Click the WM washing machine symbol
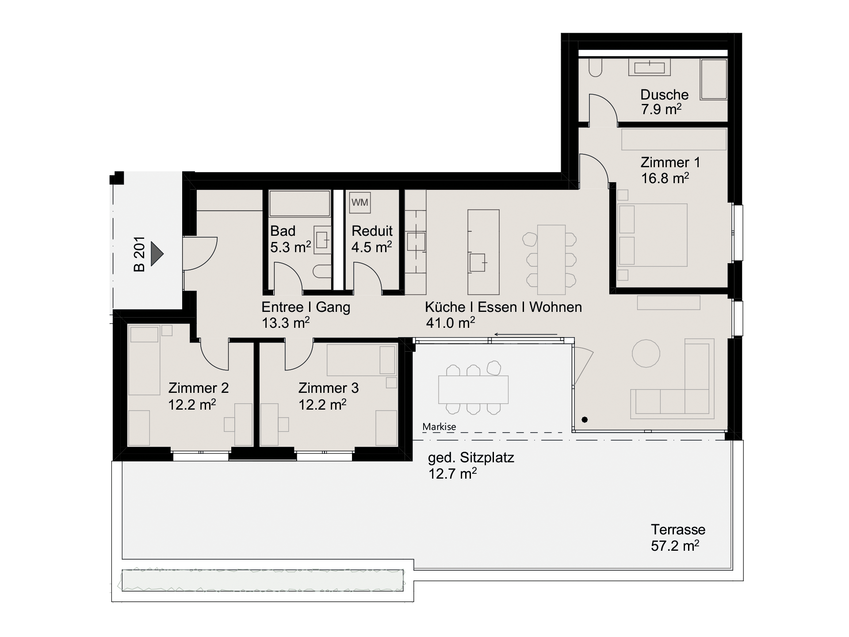tap(360, 203)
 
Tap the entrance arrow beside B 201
tap(157, 254)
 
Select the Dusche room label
tap(664, 95)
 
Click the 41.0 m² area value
tap(450, 322)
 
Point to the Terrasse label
tap(678, 530)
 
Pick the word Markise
tap(439, 427)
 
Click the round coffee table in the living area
tap(646, 353)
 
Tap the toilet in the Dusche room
tap(595, 68)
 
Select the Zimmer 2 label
tap(199, 388)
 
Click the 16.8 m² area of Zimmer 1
tap(665, 178)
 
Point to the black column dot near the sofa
tap(585, 419)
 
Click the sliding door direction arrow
tap(526, 334)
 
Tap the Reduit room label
tap(372, 231)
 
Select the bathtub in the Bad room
tap(300, 203)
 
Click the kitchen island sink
tap(478, 262)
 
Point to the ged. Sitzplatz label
tap(471, 458)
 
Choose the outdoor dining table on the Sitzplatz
tap(473, 389)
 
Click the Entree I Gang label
tap(306, 307)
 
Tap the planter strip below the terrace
tap(263, 580)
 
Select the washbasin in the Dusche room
tap(650, 68)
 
